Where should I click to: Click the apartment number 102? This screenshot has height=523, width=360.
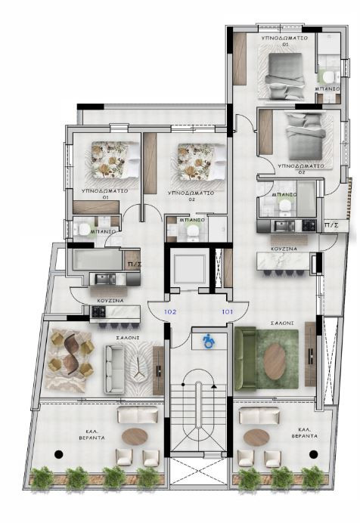pyautogui.click(x=170, y=311)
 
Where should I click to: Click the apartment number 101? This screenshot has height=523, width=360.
pyautogui.click(x=226, y=311)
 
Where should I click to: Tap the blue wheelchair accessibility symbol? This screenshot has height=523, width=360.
pyautogui.click(x=208, y=341)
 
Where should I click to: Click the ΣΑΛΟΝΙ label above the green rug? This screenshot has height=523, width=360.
pyautogui.click(x=281, y=323)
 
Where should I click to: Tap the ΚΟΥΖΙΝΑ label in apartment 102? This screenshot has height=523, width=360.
pyautogui.click(x=110, y=300)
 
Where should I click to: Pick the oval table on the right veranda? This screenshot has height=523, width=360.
pyautogui.click(x=256, y=437)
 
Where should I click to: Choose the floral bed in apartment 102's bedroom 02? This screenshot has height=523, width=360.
pyautogui.click(x=199, y=161)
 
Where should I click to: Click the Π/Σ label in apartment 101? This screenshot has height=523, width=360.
pyautogui.click(x=331, y=225)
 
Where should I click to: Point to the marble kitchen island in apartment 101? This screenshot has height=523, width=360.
pyautogui.click(x=284, y=262)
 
